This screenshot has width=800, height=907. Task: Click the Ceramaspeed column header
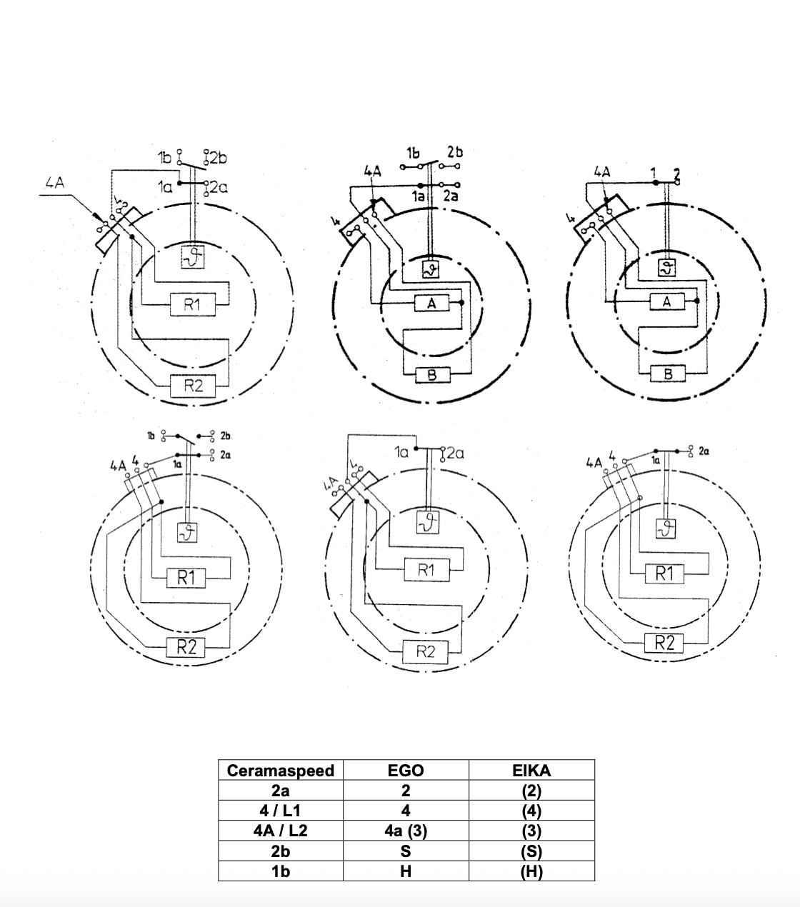(x=281, y=771)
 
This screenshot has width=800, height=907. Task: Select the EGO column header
(x=405, y=771)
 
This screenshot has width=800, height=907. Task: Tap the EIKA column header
(x=531, y=771)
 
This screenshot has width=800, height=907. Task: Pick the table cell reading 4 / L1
(x=281, y=811)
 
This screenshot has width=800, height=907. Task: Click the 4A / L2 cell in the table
(x=281, y=831)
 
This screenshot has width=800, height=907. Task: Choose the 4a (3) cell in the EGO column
(x=405, y=831)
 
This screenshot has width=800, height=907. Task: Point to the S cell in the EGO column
(x=405, y=851)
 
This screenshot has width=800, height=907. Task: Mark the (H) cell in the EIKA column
(x=531, y=872)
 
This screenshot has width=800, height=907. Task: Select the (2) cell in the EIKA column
(x=531, y=791)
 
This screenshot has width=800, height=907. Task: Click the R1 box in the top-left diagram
(x=191, y=305)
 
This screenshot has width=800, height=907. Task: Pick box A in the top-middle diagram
(x=431, y=304)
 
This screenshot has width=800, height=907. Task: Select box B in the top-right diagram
(x=668, y=374)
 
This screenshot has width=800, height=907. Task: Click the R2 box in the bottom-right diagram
(x=664, y=643)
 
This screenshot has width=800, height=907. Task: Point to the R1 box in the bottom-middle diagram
(x=426, y=570)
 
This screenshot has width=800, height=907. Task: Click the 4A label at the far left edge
(x=54, y=182)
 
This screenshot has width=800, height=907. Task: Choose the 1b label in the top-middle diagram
(x=413, y=153)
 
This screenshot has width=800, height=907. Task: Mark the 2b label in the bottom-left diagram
(x=225, y=435)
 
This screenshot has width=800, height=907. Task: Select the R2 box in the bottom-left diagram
(x=186, y=648)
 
